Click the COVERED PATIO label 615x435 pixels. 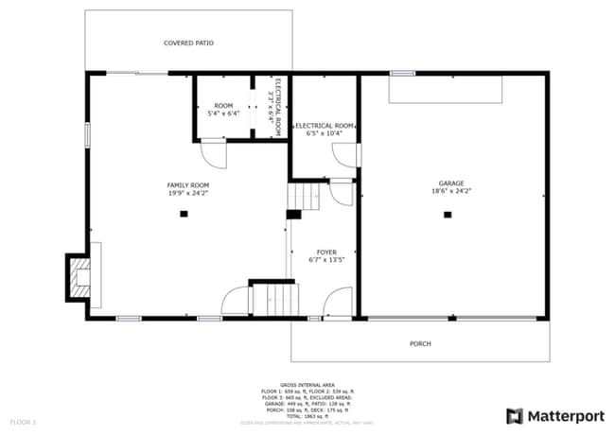[187, 43]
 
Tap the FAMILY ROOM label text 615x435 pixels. [187, 184]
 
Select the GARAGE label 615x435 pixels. [450, 183]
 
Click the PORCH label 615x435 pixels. [419, 343]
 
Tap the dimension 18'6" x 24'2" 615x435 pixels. [450, 191]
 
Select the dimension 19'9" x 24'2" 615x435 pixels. [187, 192]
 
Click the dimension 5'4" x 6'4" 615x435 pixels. [223, 113]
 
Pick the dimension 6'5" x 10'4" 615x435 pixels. [325, 133]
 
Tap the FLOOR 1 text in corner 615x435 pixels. [23, 421]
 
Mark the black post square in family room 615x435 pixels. [184, 215]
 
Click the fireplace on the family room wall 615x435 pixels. [79, 276]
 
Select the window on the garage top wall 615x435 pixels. [402, 73]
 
